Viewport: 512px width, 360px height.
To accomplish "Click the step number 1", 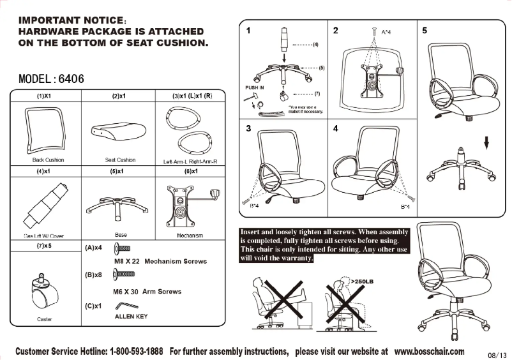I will click(248, 30).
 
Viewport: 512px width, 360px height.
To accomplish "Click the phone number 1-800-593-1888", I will click(136, 352).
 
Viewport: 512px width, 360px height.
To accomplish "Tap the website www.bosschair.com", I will click(429, 351).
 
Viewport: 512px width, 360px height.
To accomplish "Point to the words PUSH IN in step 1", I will click(254, 87).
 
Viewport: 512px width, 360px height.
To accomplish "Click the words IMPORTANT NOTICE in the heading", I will click(63, 20).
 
